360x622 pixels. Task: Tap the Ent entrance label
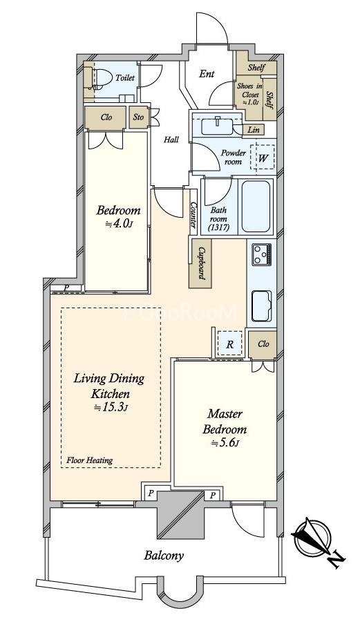tap(207, 74)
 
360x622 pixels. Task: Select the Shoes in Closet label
tap(249, 95)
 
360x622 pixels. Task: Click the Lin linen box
tap(254, 129)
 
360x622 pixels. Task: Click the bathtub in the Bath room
tap(256, 206)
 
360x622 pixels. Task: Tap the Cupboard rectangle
tap(200, 264)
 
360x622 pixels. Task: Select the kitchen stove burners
tap(261, 254)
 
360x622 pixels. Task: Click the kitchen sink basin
tap(262, 305)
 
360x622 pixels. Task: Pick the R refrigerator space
tap(229, 344)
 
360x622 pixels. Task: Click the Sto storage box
tap(138, 117)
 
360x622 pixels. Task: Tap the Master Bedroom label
tap(225, 422)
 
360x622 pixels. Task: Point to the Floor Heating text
tap(90, 460)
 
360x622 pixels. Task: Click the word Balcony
tap(164, 556)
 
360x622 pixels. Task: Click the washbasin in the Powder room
tap(217, 127)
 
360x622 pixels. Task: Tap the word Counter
tap(193, 215)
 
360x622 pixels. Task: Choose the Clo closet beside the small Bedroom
tap(106, 117)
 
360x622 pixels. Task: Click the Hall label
tap(171, 140)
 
